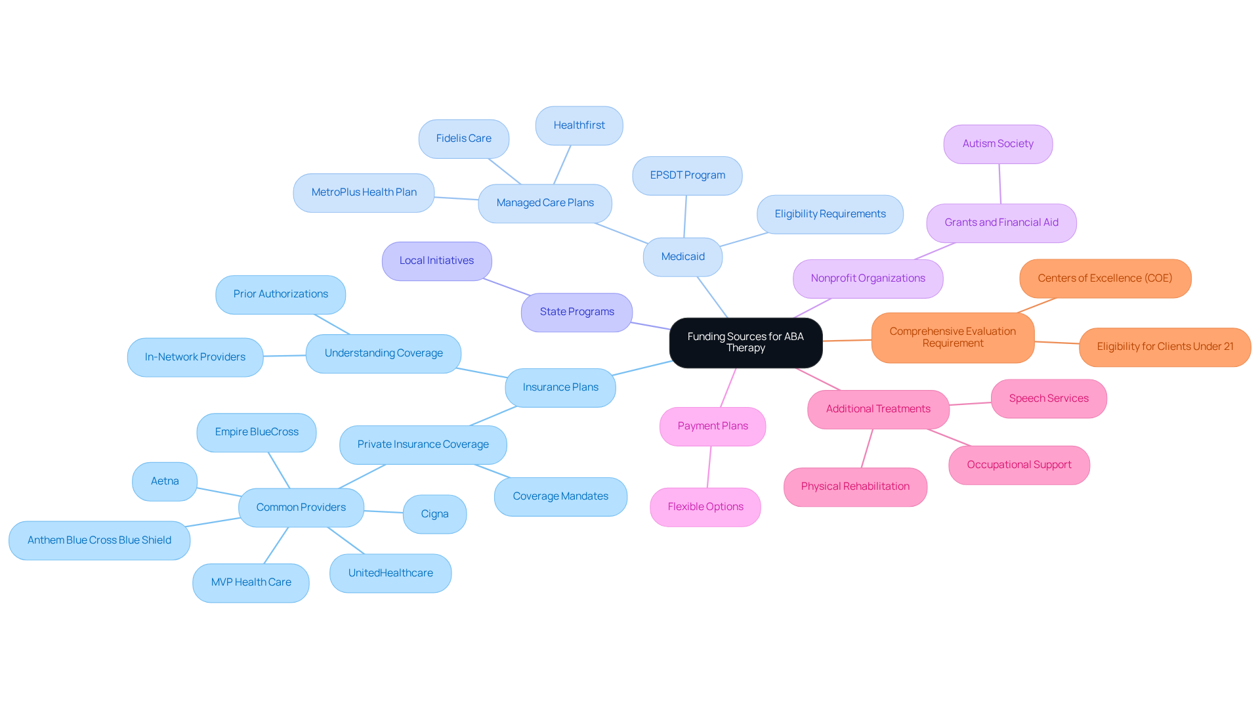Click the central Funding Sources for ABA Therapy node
745,343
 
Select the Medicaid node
682,257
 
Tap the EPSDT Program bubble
687,175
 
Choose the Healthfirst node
579,125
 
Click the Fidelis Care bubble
463,139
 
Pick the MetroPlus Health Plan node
364,192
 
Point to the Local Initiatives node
436,261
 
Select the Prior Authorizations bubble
280,294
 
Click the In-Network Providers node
195,357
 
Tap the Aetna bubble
165,481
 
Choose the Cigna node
434,514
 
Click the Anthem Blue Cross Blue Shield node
99,540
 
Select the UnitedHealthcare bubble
390,573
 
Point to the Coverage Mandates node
560,496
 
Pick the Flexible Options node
705,507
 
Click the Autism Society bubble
997,144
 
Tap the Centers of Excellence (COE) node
1105,278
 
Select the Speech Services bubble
1049,399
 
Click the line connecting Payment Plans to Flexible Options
709,467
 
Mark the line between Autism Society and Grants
1000,184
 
